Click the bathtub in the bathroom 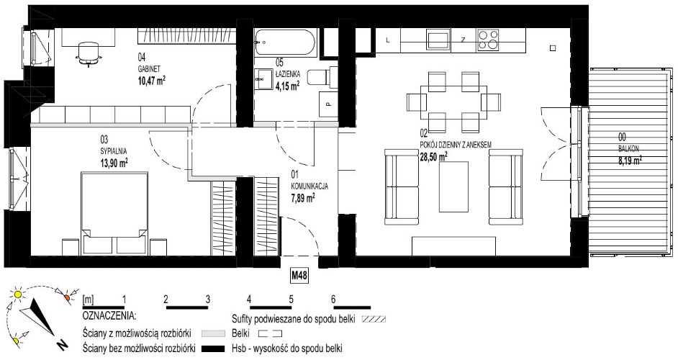[x=286, y=42]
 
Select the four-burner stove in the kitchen [x=488, y=40]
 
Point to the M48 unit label [x=299, y=276]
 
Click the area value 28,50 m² [x=434, y=157]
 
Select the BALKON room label [x=628, y=148]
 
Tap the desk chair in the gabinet [x=89, y=54]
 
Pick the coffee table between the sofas [x=453, y=186]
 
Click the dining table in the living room [x=454, y=102]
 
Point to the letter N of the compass [x=63, y=345]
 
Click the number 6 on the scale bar [x=333, y=299]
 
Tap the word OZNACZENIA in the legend [x=109, y=315]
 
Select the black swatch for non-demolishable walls [x=214, y=348]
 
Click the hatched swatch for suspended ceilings [x=374, y=320]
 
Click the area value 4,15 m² [x=288, y=86]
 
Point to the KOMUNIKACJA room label [x=309, y=186]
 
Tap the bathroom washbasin [x=263, y=79]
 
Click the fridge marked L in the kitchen [x=387, y=40]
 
